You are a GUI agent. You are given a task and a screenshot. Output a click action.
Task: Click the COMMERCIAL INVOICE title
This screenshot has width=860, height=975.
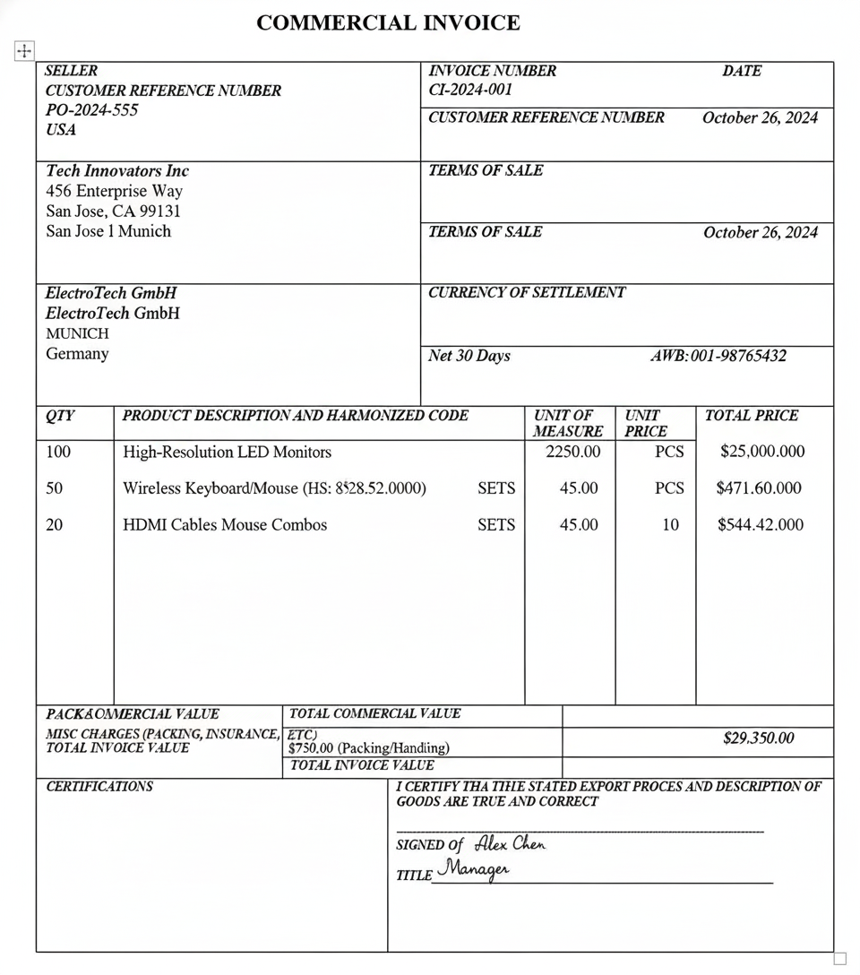pos(388,23)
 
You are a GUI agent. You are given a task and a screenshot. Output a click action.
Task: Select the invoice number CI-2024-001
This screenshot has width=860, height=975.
pos(470,90)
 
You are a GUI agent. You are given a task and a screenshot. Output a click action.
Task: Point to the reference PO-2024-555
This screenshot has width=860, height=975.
pos(91,110)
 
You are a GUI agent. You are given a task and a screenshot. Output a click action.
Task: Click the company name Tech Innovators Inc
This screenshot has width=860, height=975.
pos(117,170)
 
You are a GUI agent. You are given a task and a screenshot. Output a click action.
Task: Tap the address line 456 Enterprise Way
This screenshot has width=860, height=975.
pos(114,191)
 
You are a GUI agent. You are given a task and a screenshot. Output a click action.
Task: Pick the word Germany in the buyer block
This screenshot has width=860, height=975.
pos(77,354)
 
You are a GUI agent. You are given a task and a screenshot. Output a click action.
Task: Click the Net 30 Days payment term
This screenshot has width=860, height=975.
pos(469,356)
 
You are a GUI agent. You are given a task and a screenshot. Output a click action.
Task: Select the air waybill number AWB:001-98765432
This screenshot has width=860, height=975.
pos(718,356)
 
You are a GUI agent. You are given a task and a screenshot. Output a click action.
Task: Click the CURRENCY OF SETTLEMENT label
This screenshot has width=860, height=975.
pos(527,292)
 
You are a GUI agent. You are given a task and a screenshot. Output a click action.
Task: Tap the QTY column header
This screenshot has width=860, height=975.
pos(60,416)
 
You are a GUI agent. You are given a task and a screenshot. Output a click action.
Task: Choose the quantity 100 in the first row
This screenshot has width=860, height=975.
pos(58,452)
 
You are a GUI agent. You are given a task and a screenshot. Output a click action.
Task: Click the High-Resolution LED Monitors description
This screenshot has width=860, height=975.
pos(227,452)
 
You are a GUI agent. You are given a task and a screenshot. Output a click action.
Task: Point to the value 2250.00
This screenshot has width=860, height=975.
pos(573,452)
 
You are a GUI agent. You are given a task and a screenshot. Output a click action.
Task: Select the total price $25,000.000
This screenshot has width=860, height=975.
pos(761,452)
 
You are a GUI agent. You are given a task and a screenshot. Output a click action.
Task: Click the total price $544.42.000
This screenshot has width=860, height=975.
pos(760,525)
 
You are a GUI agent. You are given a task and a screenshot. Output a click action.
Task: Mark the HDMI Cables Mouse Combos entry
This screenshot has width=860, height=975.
pos(225,525)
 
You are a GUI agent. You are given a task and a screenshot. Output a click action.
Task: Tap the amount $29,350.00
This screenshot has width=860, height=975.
pos(758,738)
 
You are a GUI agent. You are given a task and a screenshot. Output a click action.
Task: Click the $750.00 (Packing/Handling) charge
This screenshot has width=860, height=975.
pos(368,747)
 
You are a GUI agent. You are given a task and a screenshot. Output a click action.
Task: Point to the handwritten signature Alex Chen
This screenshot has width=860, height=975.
pos(509,843)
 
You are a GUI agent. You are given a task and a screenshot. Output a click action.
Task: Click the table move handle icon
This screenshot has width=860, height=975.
pos(24,52)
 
